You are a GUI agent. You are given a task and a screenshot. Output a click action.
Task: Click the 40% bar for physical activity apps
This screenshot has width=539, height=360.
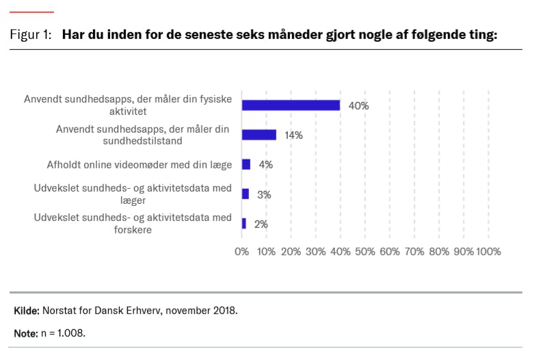click(291, 105)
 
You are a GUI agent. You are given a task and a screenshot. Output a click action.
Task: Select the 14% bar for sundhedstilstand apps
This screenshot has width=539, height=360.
click(259, 135)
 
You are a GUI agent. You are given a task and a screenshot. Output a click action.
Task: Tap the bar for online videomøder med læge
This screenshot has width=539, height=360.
click(246, 164)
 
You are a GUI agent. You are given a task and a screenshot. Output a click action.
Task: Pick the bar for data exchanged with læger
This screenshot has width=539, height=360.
click(245, 194)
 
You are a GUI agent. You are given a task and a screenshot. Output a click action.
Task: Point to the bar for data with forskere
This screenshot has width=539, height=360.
click(244, 224)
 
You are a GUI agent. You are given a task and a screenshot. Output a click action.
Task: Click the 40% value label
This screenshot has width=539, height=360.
click(358, 106)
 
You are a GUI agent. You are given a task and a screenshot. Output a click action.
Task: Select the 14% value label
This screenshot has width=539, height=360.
click(294, 136)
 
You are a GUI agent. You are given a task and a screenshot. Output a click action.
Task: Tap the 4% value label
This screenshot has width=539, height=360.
click(266, 165)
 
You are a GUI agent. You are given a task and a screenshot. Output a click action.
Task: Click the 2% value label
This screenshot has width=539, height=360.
click(261, 224)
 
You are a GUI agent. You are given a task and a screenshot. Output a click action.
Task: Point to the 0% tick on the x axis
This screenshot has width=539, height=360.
click(242, 251)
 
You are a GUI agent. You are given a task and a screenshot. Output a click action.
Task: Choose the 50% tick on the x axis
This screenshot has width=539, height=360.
click(365, 251)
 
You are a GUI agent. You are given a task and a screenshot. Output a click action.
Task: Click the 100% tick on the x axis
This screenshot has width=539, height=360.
click(488, 251)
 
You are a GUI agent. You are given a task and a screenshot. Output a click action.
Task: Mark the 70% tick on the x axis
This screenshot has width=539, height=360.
click(414, 251)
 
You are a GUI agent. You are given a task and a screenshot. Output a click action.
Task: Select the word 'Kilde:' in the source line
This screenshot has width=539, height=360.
click(26, 311)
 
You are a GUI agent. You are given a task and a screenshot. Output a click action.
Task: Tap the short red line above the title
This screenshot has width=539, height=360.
click(31, 12)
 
